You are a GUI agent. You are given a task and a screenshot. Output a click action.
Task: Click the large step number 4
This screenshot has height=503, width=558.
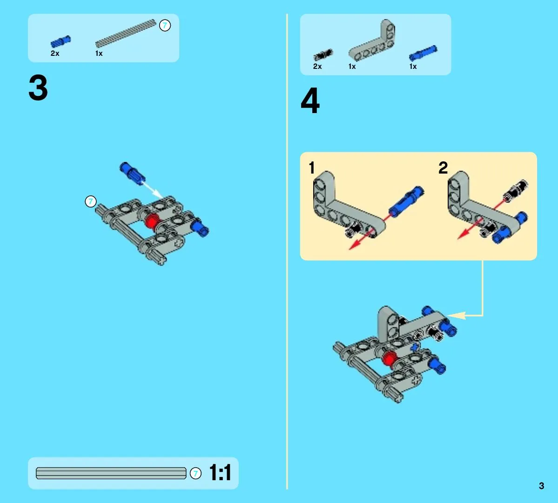310,101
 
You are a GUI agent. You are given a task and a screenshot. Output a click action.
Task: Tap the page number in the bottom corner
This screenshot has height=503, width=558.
541,486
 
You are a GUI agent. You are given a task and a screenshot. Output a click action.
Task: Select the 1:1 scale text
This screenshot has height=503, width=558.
220,472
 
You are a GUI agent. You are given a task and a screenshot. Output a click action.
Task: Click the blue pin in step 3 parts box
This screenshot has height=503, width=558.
61,41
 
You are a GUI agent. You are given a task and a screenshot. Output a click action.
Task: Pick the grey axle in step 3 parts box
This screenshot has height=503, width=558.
126,34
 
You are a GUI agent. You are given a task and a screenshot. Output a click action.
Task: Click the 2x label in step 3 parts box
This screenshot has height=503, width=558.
55,54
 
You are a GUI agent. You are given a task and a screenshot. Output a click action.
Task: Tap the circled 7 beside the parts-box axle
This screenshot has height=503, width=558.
165,25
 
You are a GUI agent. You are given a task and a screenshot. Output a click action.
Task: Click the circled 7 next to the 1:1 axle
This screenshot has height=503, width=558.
195,473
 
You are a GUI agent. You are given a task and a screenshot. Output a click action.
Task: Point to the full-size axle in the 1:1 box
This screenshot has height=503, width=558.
111,473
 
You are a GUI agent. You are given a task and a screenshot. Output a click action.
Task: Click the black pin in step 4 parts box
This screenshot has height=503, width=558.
323,55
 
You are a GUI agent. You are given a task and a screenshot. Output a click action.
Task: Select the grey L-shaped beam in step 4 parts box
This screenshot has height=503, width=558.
372,40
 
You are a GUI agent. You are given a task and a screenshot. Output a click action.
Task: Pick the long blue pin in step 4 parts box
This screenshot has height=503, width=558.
423,54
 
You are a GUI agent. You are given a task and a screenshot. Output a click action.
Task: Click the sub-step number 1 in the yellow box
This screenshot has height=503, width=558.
312,168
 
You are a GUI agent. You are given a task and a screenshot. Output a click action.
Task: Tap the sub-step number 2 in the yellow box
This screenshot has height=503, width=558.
443,168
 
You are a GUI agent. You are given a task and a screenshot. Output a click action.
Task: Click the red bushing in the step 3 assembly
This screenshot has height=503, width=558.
152,221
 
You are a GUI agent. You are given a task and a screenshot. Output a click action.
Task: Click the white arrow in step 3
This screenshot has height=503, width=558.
152,189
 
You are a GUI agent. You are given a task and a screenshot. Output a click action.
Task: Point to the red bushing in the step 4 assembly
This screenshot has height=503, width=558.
389,358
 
